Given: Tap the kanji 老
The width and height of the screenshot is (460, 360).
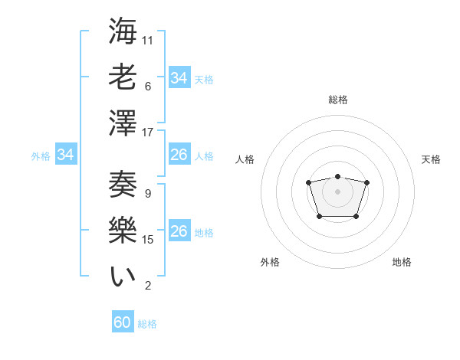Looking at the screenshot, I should point(123,77).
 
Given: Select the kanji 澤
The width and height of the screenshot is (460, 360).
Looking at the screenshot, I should point(123,123).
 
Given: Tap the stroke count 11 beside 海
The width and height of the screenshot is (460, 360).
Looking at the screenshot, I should point(148,40).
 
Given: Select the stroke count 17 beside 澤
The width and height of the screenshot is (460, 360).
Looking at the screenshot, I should point(148,132).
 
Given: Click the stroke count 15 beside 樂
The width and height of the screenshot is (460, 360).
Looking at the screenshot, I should point(148,239).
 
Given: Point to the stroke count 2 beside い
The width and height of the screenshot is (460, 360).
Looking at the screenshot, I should point(148,286).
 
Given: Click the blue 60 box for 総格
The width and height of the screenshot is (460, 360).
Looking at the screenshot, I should point(123,322).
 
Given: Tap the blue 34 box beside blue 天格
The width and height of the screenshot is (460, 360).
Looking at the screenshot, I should point(179,78).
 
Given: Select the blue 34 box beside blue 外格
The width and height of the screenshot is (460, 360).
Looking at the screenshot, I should point(66,155).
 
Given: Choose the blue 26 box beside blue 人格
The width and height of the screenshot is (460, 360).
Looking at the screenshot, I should point(179,155).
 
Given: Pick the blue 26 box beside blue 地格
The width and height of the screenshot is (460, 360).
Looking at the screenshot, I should point(179,231).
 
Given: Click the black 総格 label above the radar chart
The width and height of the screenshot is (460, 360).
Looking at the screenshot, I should point(337,100).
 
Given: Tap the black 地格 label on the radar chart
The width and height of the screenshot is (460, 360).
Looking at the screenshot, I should point(402,262).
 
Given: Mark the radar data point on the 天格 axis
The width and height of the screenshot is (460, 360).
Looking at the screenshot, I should point(366,182).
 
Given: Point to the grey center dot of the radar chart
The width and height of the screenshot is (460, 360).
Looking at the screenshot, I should point(337,191).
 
